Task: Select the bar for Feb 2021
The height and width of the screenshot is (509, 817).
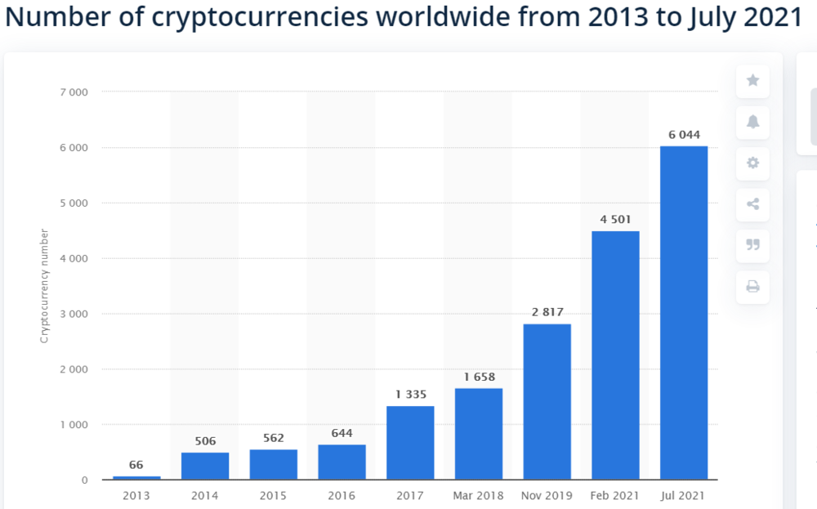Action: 615,355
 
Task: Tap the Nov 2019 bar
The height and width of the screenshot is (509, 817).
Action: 547,401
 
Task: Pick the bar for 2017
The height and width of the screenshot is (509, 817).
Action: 410,442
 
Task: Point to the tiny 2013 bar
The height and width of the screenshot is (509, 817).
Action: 136,477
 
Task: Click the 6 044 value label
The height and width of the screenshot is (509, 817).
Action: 684,135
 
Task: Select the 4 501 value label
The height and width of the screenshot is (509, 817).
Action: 615,219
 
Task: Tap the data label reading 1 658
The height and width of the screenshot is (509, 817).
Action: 479,377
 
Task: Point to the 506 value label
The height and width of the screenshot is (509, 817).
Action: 205,441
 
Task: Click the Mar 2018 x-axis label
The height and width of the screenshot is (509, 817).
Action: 479,496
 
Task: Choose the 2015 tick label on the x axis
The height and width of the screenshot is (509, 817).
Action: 273,496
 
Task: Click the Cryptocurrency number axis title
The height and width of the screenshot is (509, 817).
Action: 45,286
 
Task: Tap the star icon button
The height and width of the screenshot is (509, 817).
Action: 752,81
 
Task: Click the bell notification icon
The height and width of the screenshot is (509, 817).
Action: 752,122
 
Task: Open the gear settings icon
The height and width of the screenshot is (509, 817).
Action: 752,163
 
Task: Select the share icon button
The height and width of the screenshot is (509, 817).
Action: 752,204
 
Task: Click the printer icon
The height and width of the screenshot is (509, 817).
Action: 752,286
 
